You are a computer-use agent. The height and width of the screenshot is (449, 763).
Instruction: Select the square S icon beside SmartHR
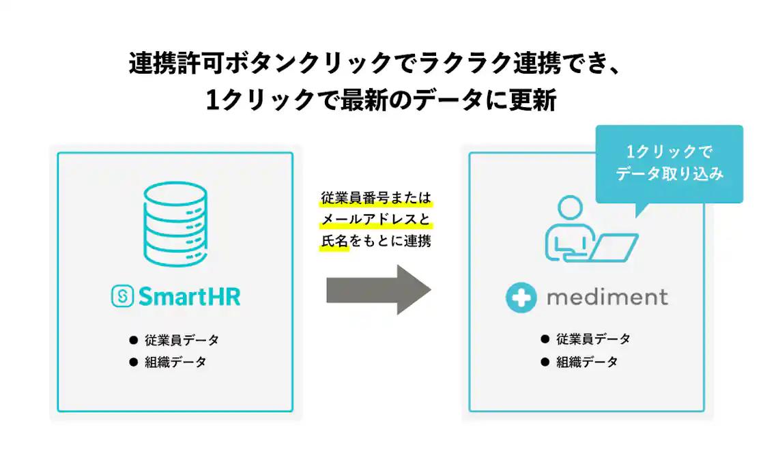[x=121, y=296]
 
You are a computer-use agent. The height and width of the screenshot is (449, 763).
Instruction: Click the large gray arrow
[x=379, y=289]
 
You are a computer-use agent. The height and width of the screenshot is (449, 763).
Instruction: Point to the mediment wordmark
[x=607, y=298]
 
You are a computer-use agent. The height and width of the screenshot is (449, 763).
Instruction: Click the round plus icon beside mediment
[x=522, y=298]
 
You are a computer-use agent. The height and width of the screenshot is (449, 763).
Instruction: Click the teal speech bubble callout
[x=669, y=163]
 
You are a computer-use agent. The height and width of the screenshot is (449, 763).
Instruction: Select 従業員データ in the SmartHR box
[x=182, y=340]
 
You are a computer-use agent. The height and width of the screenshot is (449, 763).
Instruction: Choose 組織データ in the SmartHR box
[x=175, y=362]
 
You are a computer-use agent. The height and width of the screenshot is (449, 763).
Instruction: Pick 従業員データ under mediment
[x=593, y=339]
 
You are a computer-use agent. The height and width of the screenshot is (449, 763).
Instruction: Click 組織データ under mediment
[x=587, y=362]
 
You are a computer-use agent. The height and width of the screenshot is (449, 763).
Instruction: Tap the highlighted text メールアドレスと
[x=376, y=220]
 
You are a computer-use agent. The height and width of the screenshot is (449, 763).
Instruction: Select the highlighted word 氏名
[x=334, y=242]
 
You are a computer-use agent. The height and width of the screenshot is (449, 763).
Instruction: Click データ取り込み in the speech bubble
[x=669, y=174]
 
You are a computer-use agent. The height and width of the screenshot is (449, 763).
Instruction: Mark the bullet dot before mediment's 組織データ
[x=545, y=362]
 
